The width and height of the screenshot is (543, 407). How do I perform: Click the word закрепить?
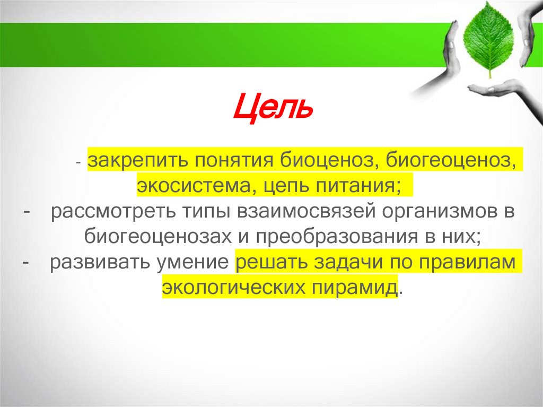(x=136, y=160)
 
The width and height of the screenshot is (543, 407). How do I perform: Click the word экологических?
(x=233, y=289)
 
